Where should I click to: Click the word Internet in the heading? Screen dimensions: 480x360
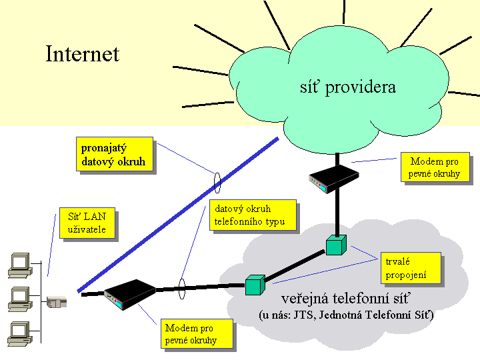83,54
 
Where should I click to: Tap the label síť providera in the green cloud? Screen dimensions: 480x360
348,87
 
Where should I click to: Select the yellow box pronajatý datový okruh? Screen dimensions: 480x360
115,154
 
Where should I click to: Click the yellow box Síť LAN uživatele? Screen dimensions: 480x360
87,223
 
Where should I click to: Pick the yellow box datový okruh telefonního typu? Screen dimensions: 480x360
253,215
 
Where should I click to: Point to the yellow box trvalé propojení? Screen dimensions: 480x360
411,268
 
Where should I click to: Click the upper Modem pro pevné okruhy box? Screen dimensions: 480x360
435,167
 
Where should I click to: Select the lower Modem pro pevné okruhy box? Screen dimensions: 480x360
197,334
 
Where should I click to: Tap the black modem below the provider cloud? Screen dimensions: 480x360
334,179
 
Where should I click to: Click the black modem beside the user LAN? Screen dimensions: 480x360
130,294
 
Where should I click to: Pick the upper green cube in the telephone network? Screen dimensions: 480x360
336,245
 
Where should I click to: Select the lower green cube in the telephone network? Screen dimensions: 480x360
255,285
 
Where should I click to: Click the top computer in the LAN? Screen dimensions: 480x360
20,265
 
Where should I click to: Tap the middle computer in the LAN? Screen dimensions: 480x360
20,299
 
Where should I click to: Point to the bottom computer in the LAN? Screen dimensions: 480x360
20,334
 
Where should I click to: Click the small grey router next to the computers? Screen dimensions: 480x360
57,302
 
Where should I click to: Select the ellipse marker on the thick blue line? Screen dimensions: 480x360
217,183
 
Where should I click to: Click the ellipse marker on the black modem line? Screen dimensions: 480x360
182,289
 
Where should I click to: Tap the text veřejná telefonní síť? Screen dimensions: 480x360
345,299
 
